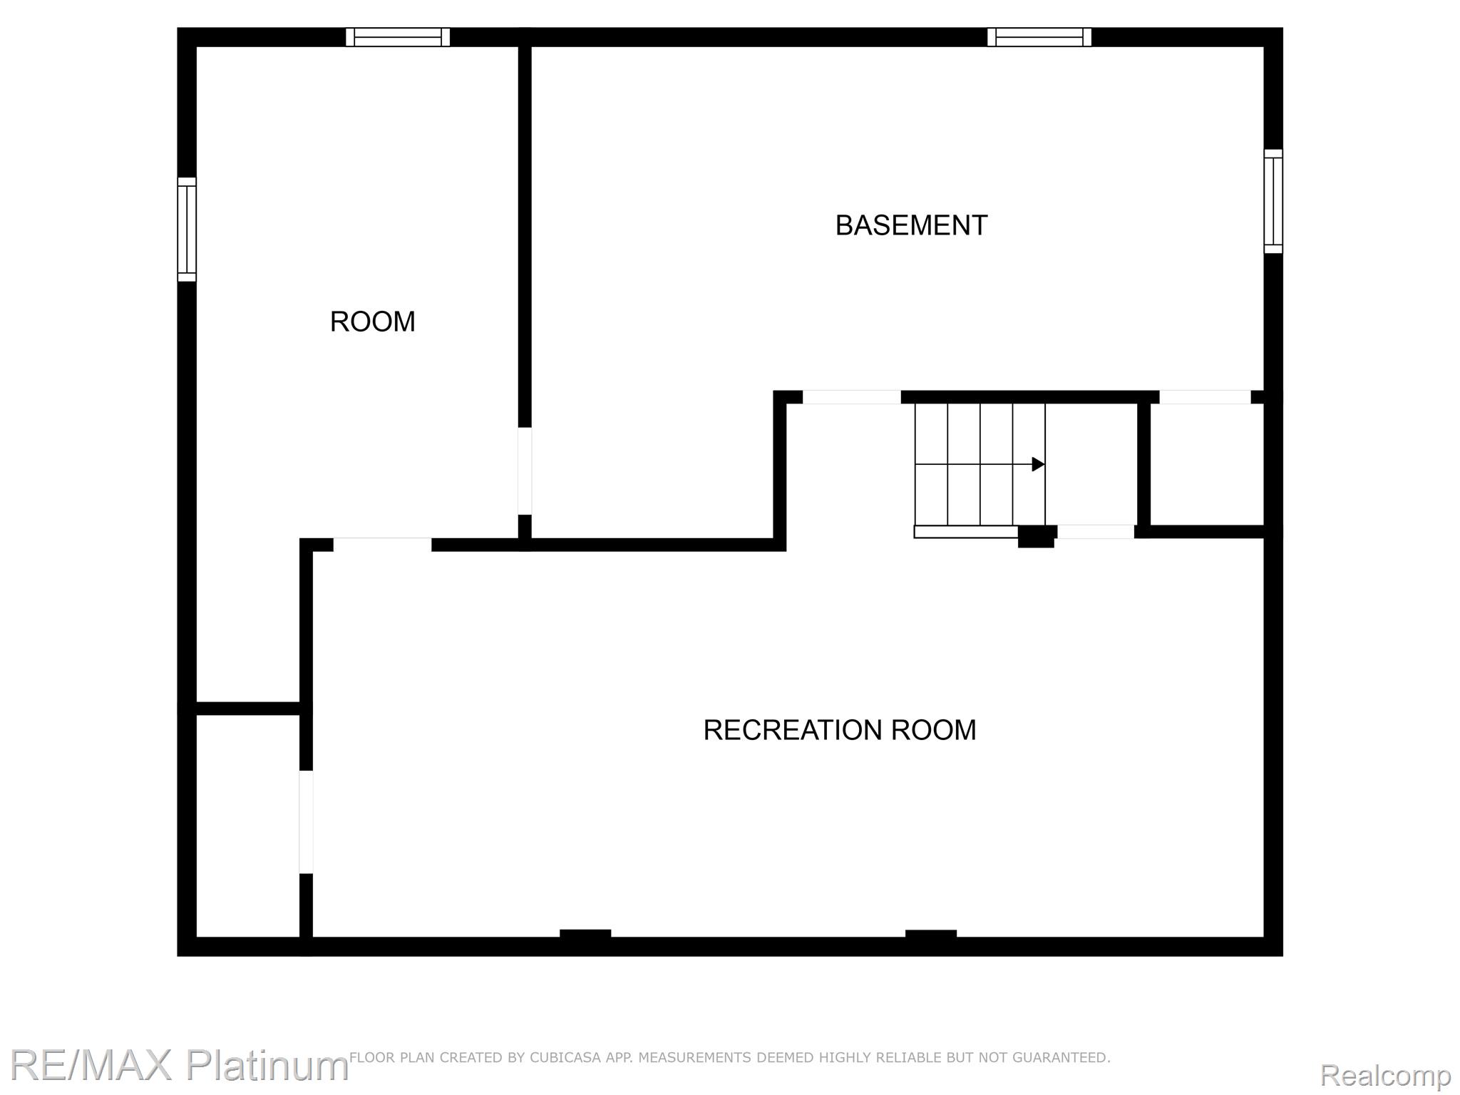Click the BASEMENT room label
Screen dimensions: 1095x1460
tap(911, 225)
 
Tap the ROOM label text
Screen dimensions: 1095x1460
tap(372, 322)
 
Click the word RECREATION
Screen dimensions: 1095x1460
tap(783, 730)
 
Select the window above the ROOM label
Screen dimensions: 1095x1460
tap(398, 37)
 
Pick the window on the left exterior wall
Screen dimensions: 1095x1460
tap(187, 229)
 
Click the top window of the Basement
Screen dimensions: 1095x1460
tap(1039, 37)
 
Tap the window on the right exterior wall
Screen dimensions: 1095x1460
tap(1273, 201)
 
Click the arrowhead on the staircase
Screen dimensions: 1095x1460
tap(1039, 465)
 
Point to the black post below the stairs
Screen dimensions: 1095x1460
tap(1036, 536)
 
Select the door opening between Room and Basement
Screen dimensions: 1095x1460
tap(525, 471)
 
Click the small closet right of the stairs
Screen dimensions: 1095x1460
tap(1207, 464)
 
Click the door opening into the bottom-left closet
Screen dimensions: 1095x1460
tap(306, 822)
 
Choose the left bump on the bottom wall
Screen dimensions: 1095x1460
tap(585, 935)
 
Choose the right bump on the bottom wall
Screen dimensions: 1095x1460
tap(931, 935)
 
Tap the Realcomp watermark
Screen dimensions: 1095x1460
tap(1385, 1075)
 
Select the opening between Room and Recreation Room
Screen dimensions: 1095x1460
tap(383, 545)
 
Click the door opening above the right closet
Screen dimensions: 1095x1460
tap(1205, 397)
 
